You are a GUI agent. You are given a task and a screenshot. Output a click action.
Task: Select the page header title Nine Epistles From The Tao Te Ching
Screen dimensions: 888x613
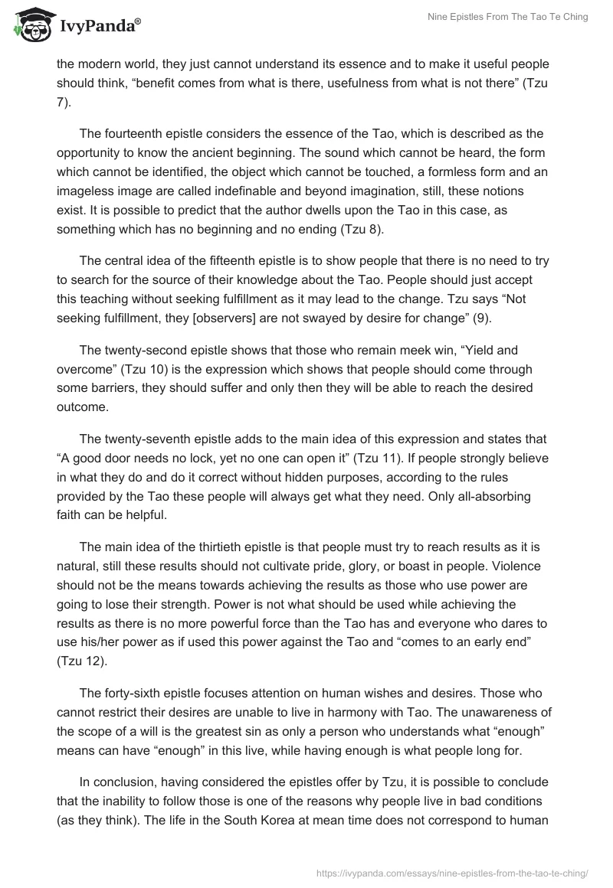tap(506, 17)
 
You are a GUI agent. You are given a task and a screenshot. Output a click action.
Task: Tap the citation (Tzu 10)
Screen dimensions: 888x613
tap(149, 369)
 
